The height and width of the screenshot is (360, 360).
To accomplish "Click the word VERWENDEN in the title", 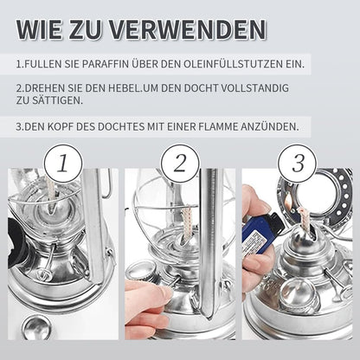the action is pyautogui.click(x=188, y=29).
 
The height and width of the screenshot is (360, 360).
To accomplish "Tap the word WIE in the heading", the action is pyautogui.click(x=39, y=29).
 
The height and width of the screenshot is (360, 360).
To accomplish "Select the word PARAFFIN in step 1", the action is pyautogui.click(x=105, y=64).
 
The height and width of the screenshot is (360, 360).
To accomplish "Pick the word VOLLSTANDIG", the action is pyautogui.click(x=254, y=88).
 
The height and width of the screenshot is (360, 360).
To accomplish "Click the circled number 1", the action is pyautogui.click(x=63, y=164).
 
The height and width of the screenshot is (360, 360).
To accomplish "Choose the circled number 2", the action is pyautogui.click(x=180, y=164).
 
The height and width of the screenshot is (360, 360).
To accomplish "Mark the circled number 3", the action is pyautogui.click(x=297, y=164).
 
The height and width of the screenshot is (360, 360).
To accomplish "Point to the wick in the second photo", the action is pyautogui.click(x=186, y=222).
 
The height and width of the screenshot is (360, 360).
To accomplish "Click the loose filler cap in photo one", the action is pyautogui.click(x=36, y=327).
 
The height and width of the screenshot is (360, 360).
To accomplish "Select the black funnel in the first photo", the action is pyautogui.click(x=16, y=243).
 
